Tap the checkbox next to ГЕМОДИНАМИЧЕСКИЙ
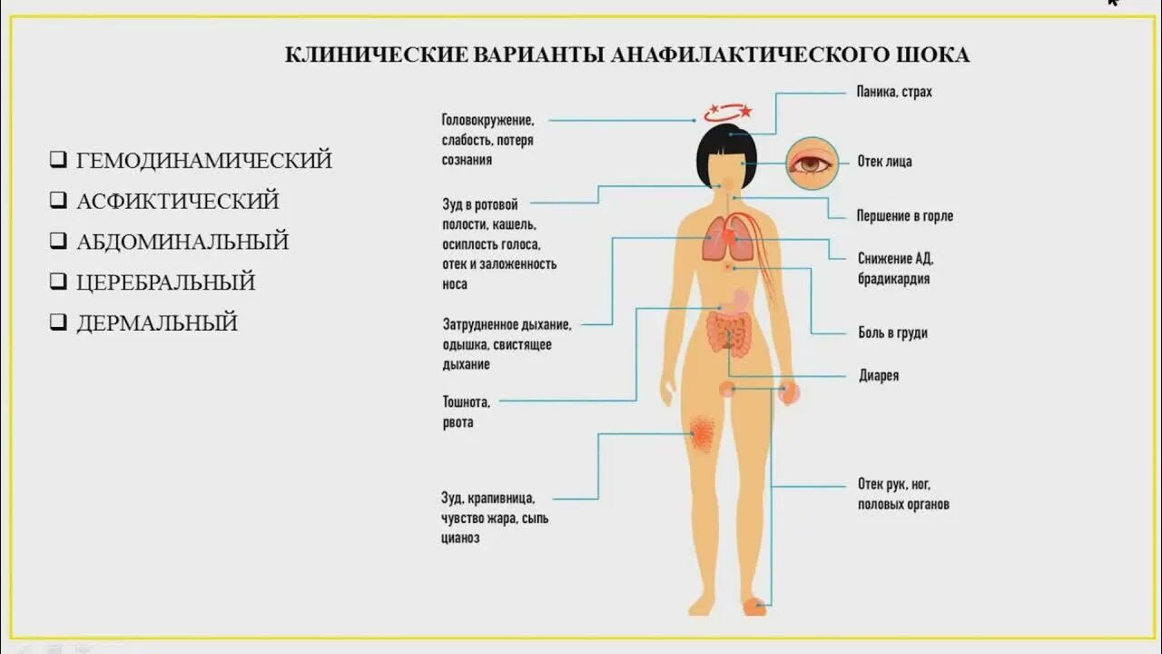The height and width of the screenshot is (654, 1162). coord(58,161)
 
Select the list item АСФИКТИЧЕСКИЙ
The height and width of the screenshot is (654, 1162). coord(177,202)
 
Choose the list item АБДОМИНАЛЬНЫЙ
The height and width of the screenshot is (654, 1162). coord(182,243)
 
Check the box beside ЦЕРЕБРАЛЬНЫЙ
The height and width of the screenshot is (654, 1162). coord(58,282)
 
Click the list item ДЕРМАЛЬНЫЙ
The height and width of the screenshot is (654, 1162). coord(156,322)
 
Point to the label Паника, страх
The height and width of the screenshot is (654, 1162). coord(894,92)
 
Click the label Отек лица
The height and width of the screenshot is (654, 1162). coord(884,162)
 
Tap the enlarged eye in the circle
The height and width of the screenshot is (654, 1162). coord(812,163)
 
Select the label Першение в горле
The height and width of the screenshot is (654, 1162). coord(904,216)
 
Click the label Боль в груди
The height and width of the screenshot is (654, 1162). coord(892,332)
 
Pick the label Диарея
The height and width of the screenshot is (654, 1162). coord(878,375)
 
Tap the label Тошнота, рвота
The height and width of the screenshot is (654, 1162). coord(467,411)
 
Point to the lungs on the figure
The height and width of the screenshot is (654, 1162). coord(728,238)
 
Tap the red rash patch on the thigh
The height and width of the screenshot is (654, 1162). coord(702,433)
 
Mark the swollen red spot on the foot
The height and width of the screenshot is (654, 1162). coord(753,606)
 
